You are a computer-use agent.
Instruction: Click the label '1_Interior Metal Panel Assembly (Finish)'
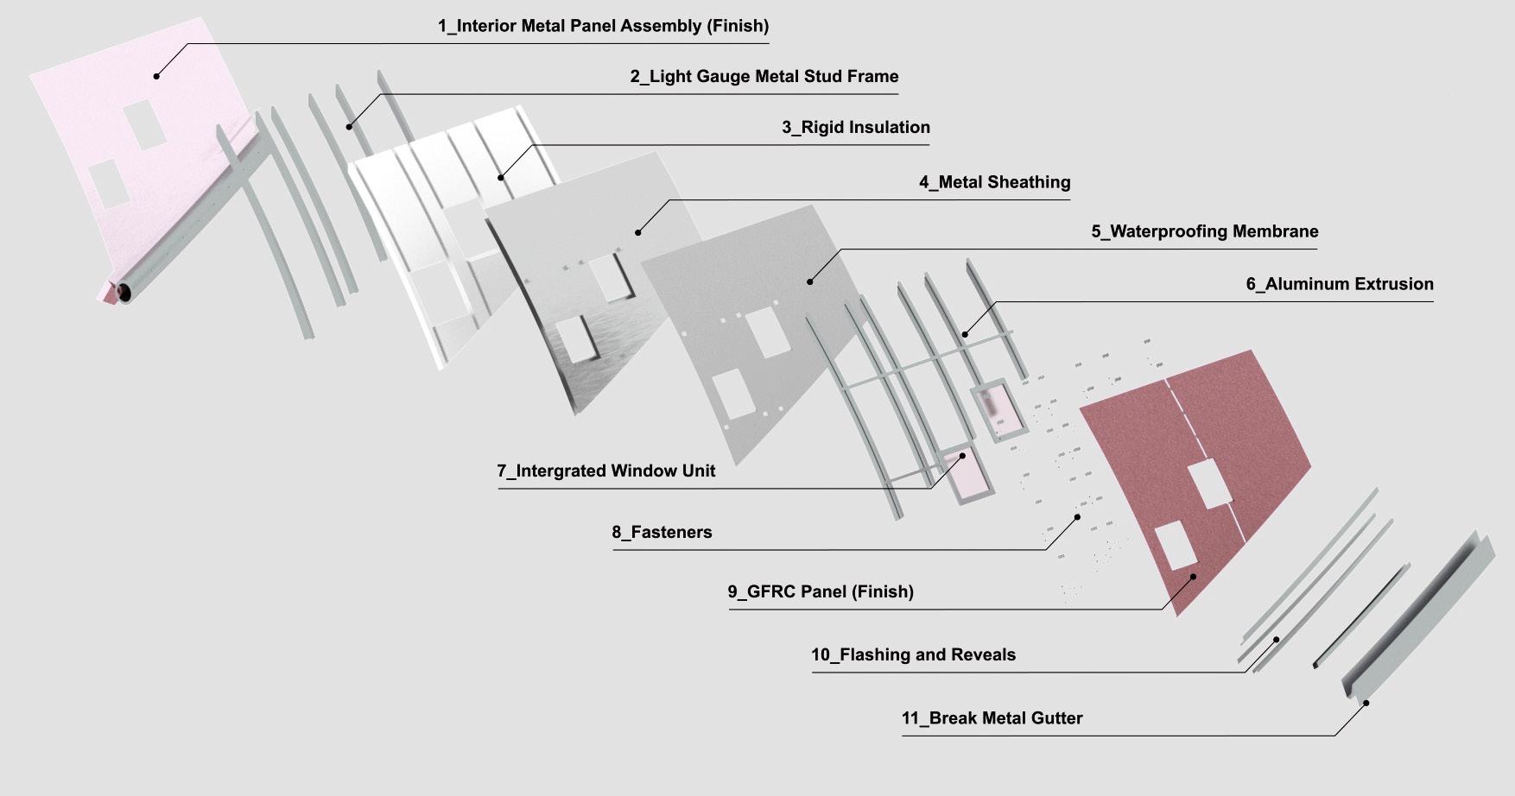click(603, 26)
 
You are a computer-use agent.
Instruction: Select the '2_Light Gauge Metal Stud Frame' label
click(764, 77)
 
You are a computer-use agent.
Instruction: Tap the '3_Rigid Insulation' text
click(855, 128)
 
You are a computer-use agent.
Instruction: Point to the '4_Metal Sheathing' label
click(994, 182)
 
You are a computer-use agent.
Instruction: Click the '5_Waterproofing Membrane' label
click(1204, 231)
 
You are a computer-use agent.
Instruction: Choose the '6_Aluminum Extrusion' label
click(1339, 284)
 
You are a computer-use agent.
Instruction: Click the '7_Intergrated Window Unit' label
click(605, 471)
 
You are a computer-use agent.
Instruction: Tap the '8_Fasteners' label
click(662, 533)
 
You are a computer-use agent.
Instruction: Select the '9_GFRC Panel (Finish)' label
click(820, 592)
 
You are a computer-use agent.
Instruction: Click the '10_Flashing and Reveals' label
click(913, 655)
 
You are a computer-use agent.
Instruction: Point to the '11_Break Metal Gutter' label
click(992, 718)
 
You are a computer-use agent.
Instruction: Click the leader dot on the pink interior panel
click(156, 76)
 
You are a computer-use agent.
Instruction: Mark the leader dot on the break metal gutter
click(1366, 703)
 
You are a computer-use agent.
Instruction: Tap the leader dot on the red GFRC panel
click(1194, 576)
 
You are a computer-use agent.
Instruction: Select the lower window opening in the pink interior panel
click(110, 183)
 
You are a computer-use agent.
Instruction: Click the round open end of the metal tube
click(125, 293)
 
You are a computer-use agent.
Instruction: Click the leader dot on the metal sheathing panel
click(638, 232)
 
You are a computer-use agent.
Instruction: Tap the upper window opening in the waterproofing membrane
click(764, 332)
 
